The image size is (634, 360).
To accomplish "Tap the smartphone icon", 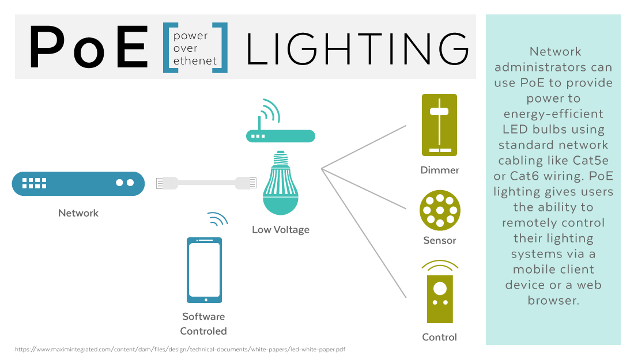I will pos(204,270).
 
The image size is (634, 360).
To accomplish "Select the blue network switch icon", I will pos(78,183).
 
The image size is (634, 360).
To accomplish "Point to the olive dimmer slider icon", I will pos(439,124).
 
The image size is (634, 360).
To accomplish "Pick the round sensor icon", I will pos(440,210).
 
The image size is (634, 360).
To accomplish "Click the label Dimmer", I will pos(440,170).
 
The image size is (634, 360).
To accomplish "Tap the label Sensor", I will pos(440,240).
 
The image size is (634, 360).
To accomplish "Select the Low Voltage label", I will pos(281,229).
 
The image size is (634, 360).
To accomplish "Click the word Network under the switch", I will pos(78,213).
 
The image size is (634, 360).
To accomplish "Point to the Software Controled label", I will pos(203,324).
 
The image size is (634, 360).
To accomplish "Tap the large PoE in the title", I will pos(89,47).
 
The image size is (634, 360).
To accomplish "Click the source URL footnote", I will pos(180,350).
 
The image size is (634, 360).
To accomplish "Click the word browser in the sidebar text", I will pos(553,300).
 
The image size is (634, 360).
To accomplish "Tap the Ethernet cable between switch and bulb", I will pos(206,183).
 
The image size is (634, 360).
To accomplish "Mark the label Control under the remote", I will pos(439,337).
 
